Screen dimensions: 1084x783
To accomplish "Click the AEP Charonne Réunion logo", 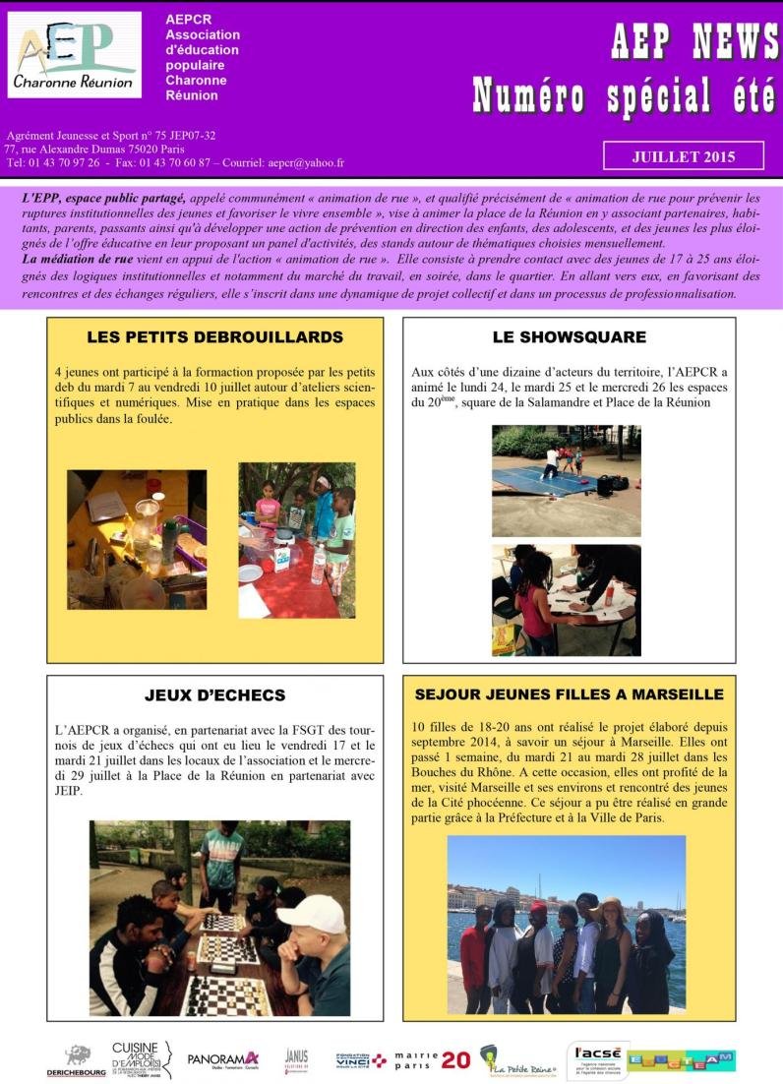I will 75,55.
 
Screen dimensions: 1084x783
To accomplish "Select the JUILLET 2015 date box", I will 683,155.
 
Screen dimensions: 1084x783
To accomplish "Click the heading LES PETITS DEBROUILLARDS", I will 214,337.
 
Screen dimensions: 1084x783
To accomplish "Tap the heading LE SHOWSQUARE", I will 569,337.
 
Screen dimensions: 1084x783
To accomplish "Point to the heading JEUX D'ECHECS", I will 214,695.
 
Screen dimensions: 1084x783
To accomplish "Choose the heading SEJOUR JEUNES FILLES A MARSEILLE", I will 569,694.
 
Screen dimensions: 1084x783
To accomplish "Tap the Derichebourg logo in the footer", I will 76,1060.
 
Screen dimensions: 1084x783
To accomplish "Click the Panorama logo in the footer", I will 223,1059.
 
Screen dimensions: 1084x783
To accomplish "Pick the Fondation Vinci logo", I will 360,1059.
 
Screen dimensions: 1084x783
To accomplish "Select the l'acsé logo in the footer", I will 597,1060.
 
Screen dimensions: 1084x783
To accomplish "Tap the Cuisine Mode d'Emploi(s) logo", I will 141,1058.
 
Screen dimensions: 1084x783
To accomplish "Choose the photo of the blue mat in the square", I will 566,480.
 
